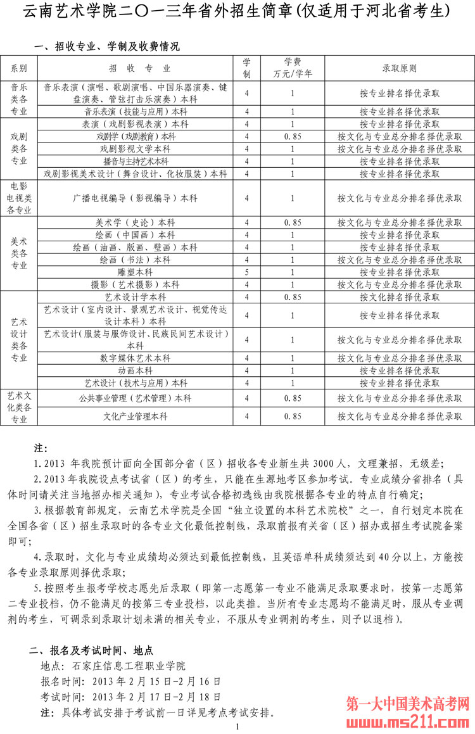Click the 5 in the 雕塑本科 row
[246, 272]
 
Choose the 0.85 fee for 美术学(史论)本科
[292, 222]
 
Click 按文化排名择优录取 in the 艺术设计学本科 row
[400, 297]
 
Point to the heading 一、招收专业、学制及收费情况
[107, 46]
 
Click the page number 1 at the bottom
[237, 728]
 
